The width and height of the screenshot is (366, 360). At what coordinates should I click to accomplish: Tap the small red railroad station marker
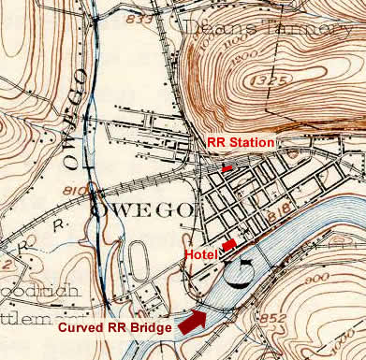pyautogui.click(x=227, y=166)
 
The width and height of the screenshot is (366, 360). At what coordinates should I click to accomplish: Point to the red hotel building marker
pyautogui.click(x=228, y=245)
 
